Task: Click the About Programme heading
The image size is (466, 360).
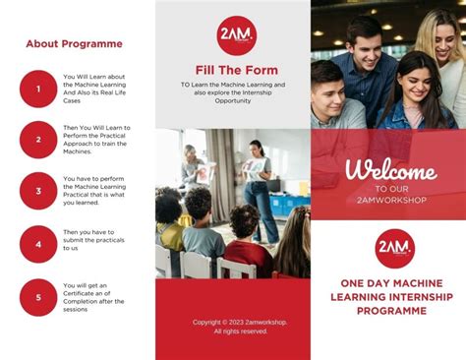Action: pos(74,44)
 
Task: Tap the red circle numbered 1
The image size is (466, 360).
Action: pos(38,89)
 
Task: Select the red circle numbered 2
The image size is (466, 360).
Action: pos(38,140)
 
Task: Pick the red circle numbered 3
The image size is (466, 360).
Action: pos(38,191)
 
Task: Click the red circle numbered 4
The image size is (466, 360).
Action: pos(38,244)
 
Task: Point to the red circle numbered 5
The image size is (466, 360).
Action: pos(38,296)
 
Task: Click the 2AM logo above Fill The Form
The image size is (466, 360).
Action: pos(236,35)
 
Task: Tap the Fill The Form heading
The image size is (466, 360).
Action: pos(236,70)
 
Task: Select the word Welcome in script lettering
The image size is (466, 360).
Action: pos(390,169)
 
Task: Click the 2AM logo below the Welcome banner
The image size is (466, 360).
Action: pos(394,248)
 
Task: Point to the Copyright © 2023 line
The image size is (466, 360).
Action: pos(240,322)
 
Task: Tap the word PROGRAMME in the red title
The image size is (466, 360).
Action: pos(390,310)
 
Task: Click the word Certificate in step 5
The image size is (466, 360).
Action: pos(87,293)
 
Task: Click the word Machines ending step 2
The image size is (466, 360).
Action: pos(78,150)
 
